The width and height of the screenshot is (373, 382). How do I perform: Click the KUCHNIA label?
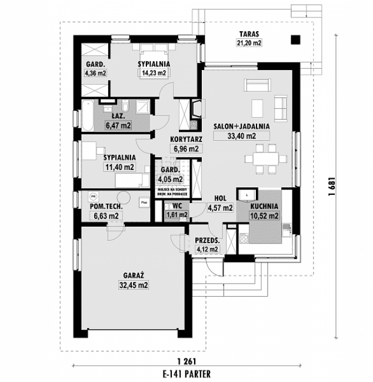pyautogui.click(x=264, y=207)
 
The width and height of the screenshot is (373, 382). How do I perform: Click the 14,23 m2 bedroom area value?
pyautogui.click(x=154, y=73)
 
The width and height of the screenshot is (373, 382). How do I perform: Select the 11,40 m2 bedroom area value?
pyautogui.click(x=119, y=167)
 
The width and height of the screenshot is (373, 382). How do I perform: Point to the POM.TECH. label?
pyautogui.click(x=105, y=207)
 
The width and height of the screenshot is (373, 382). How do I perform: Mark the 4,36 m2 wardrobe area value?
pyautogui.click(x=95, y=73)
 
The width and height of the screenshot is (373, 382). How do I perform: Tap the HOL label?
pyautogui.click(x=220, y=198)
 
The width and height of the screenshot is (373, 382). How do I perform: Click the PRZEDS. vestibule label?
pyautogui.click(x=208, y=240)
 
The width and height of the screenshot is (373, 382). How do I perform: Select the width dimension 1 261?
pyautogui.click(x=185, y=361)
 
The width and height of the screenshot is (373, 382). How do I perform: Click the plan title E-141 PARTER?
pyautogui.click(x=185, y=373)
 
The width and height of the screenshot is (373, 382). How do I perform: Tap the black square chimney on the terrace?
pyautogui.click(x=295, y=40)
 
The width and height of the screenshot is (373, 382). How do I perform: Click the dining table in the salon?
pyautogui.click(x=264, y=159)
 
